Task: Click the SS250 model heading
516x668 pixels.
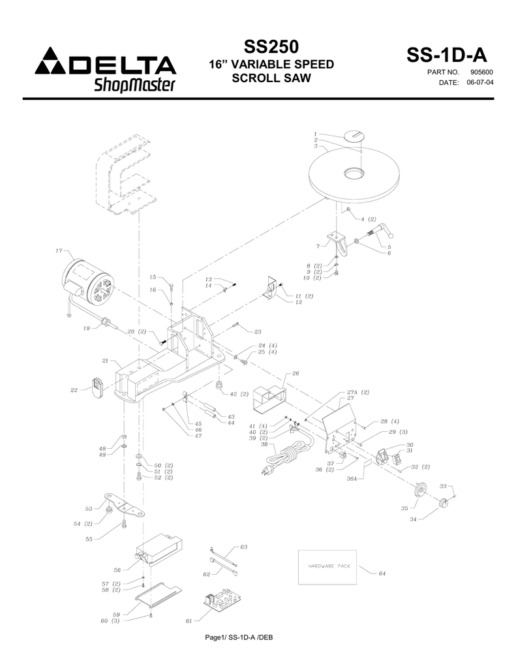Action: click(x=271, y=48)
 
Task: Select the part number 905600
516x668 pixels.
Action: click(x=481, y=72)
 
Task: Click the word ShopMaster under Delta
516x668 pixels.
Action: click(x=135, y=85)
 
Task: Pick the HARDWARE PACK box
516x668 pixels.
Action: click(x=329, y=566)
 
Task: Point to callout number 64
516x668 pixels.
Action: click(x=382, y=573)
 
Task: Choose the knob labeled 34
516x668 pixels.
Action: click(x=445, y=504)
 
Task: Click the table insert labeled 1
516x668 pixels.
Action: click(x=356, y=135)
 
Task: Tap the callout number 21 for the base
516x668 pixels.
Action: click(x=106, y=361)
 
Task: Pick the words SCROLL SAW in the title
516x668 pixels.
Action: click(x=270, y=79)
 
